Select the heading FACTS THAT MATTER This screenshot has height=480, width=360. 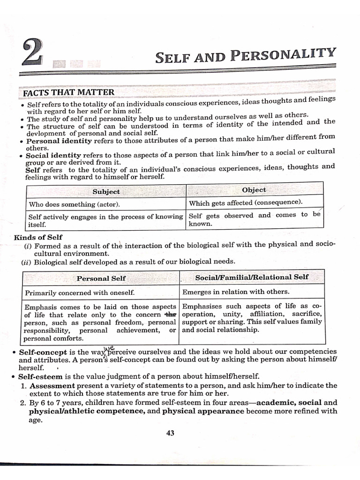(68, 92)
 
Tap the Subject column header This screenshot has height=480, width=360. (106, 191)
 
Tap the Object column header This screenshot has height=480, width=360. (254, 190)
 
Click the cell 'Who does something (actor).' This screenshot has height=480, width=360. (74, 204)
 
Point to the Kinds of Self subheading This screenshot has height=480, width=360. (38, 237)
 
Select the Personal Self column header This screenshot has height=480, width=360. (101, 278)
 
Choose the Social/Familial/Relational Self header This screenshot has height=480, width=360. (252, 277)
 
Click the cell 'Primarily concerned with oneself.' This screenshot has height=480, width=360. (80, 292)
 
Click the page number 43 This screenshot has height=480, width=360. (170, 433)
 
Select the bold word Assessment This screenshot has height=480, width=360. (49, 385)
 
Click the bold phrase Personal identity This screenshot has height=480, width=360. (59, 141)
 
